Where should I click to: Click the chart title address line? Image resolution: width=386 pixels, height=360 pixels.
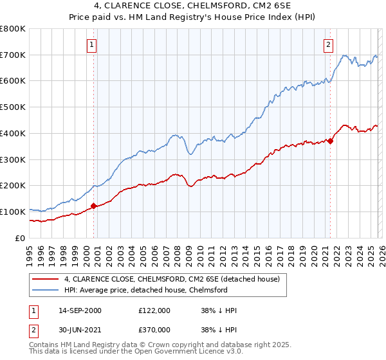pyautogui.click(x=192, y=6)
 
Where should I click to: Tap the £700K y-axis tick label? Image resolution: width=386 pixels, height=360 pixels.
pyautogui.click(x=13, y=55)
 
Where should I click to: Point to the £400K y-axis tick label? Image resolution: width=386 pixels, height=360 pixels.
pyautogui.click(x=13, y=134)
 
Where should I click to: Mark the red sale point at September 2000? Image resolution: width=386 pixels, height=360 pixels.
pyautogui.click(x=93, y=206)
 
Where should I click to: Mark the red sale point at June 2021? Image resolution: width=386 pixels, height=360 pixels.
pyautogui.click(x=330, y=141)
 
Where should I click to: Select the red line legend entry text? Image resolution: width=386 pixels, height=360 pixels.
pyautogui.click(x=172, y=280)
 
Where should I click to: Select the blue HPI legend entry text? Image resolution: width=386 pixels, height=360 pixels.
pyautogui.click(x=146, y=291)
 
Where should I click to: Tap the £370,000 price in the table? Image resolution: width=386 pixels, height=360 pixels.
pyautogui.click(x=154, y=329)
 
